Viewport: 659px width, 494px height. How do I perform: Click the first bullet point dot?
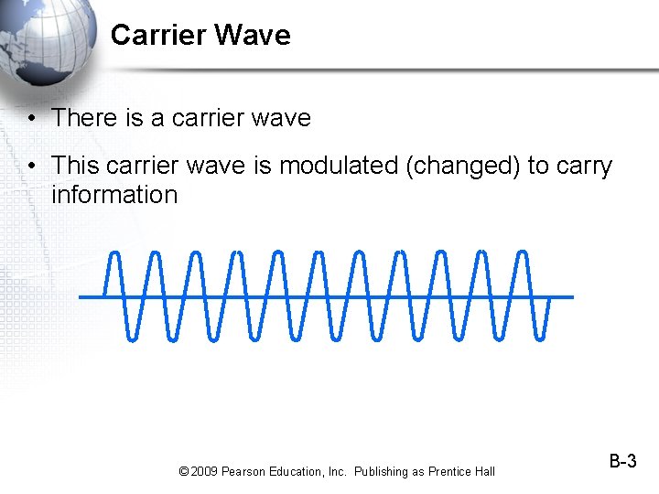(x=31, y=119)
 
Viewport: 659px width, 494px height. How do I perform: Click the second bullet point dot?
(x=31, y=166)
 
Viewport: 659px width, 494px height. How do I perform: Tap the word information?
(x=114, y=195)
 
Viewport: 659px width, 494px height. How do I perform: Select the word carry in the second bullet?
(x=584, y=166)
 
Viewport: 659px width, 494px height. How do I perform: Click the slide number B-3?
(x=622, y=462)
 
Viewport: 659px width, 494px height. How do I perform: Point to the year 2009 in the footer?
(x=205, y=471)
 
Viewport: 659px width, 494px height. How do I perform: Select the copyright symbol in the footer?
(x=183, y=471)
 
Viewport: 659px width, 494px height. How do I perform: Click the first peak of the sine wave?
(x=113, y=253)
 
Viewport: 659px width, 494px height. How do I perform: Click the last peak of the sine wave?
(x=524, y=253)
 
